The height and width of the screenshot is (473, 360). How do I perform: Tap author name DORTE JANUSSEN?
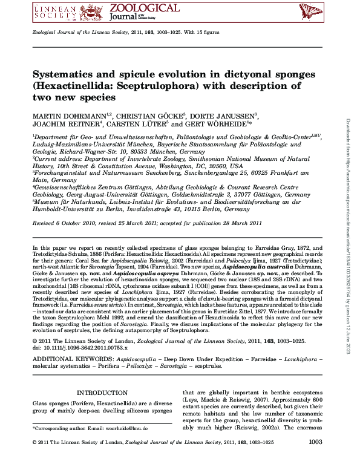point(219,116)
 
